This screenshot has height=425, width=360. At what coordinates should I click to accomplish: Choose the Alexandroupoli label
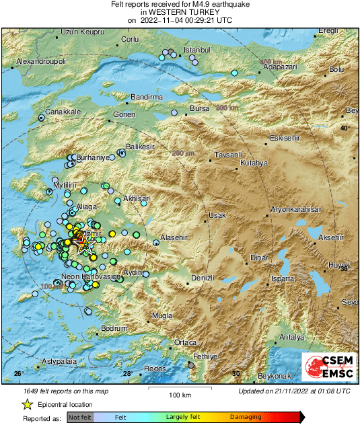[41, 61]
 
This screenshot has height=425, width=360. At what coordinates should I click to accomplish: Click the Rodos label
[155, 369]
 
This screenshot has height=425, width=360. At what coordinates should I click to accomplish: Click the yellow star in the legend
[27, 404]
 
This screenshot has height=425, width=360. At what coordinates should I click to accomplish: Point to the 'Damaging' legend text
[246, 417]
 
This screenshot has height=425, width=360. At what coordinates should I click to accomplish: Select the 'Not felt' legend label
[79, 417]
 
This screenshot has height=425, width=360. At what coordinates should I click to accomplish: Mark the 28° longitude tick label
[127, 373]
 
